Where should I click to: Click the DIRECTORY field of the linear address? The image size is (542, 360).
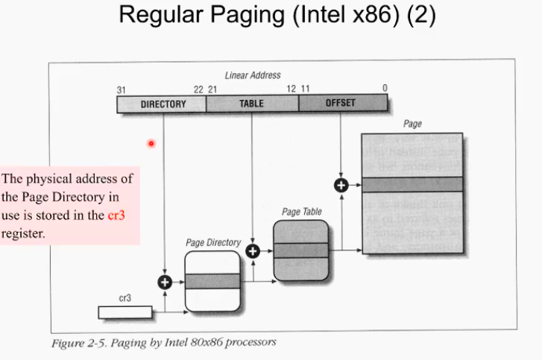[x=163, y=104]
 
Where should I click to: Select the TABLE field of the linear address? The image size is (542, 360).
[x=252, y=104]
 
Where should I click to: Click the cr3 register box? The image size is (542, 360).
[x=125, y=310]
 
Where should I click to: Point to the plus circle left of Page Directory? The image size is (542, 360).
[x=165, y=282]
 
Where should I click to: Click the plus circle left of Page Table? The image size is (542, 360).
[x=253, y=251]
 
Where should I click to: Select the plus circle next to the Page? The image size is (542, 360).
[x=341, y=185]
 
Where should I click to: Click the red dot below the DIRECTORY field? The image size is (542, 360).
[x=151, y=143]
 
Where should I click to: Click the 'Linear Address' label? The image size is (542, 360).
[x=252, y=75]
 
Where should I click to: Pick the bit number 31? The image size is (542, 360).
[x=122, y=89]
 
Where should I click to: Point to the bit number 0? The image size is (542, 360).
[x=385, y=89]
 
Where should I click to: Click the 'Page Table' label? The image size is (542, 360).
[x=301, y=212]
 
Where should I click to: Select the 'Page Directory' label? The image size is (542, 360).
[x=212, y=243]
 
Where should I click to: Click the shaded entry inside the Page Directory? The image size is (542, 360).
[x=212, y=281]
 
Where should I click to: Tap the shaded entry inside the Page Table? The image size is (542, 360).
[x=300, y=250]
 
